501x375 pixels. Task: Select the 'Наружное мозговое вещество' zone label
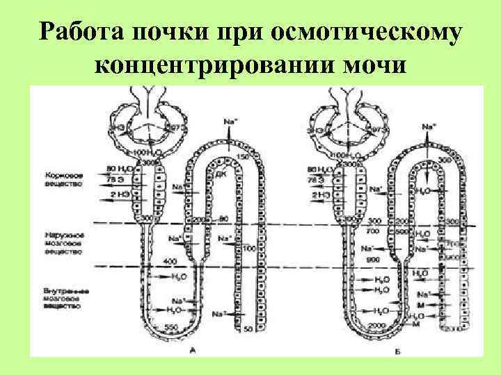coord(63,246)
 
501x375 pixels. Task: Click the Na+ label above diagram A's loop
coord(231,122)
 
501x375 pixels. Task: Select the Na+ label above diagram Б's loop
coord(429,126)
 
